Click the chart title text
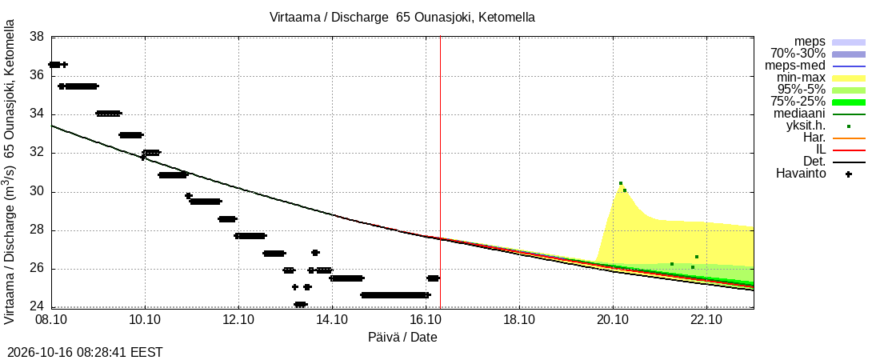[x=402, y=18]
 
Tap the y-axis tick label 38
[x=37, y=37]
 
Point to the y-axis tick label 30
[x=37, y=192]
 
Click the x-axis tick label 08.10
[x=52, y=322]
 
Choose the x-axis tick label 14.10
[x=332, y=322]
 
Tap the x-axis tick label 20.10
[x=614, y=322]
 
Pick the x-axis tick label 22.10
[x=706, y=322]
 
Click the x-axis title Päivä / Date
[x=402, y=338]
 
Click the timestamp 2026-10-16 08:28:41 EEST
[x=82, y=353]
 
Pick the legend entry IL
[x=821, y=150]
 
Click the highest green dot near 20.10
[x=621, y=183]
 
